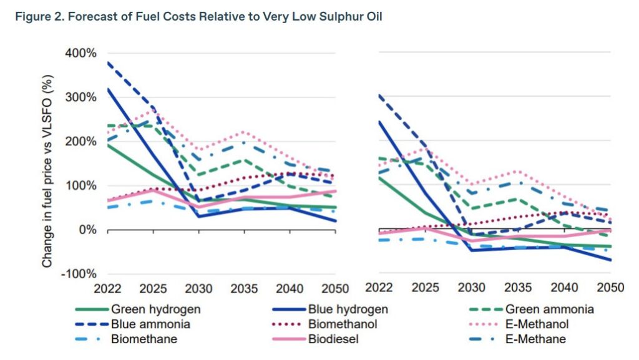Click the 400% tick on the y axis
click(82, 54)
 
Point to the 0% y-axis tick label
click(88, 230)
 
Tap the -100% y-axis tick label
click(80, 274)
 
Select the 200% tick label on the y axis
click(82, 142)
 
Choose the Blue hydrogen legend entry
click(348, 309)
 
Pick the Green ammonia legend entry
click(549, 309)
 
